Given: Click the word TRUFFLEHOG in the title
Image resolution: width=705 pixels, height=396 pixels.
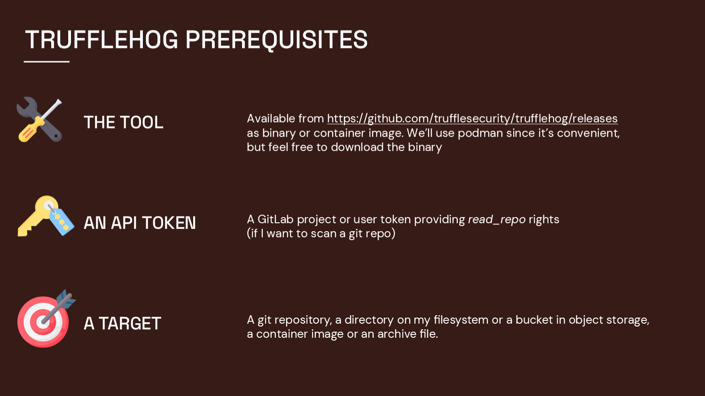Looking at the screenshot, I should (x=102, y=40).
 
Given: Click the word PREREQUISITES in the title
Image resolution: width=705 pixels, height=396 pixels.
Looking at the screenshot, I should (x=276, y=40).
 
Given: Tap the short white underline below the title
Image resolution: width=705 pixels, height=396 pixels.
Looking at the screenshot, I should (x=47, y=62).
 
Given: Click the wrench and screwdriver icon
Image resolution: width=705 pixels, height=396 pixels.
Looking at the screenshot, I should (x=39, y=120).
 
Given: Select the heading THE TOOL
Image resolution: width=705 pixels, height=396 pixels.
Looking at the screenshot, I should (x=124, y=123).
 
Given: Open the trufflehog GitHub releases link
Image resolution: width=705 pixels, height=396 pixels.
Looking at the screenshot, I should (x=472, y=118).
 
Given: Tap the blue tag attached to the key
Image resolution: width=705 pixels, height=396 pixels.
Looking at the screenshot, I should (x=62, y=221).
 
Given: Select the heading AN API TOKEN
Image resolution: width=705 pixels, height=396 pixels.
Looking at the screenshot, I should (x=140, y=223).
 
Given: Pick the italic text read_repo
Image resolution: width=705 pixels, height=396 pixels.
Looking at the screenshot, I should (x=496, y=219).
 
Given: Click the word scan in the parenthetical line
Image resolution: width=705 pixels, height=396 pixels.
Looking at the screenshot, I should (x=322, y=233).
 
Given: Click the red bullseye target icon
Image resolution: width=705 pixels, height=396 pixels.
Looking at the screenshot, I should (x=41, y=322).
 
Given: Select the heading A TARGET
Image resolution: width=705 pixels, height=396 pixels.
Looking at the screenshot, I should (x=122, y=324).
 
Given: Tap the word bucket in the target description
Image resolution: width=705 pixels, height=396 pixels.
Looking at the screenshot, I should (x=534, y=320).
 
